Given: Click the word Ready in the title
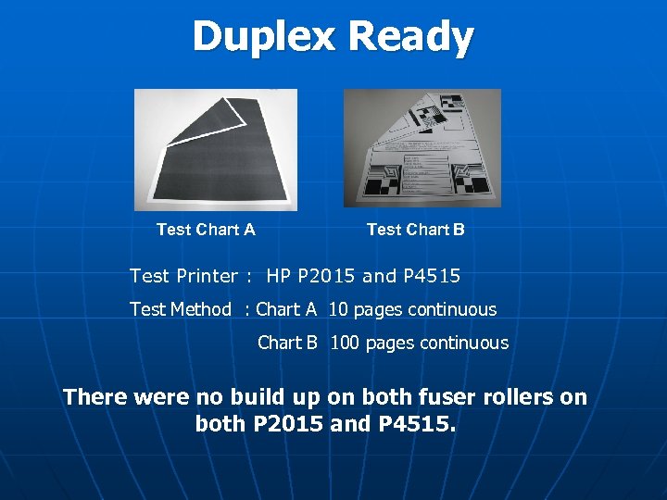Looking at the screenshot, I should coord(411,37).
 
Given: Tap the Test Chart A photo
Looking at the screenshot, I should coord(216,149).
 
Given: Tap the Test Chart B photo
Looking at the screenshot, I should coord(422,147).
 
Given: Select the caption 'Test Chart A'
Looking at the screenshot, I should coord(206,230).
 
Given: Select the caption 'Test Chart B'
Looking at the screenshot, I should coord(416,230).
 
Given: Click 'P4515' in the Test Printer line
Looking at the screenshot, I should coord(432,276).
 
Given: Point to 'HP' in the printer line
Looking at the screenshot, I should coord(278,276).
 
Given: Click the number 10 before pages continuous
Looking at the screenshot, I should coord(338,309).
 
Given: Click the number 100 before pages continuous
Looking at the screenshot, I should coord(345,343).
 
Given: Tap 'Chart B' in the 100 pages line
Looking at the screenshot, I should coord(287,343).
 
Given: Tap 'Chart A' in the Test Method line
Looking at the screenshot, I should coord(286,309).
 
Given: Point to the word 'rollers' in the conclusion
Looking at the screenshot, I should coord(512,397).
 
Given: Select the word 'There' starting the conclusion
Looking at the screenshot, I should coord(94,397).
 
